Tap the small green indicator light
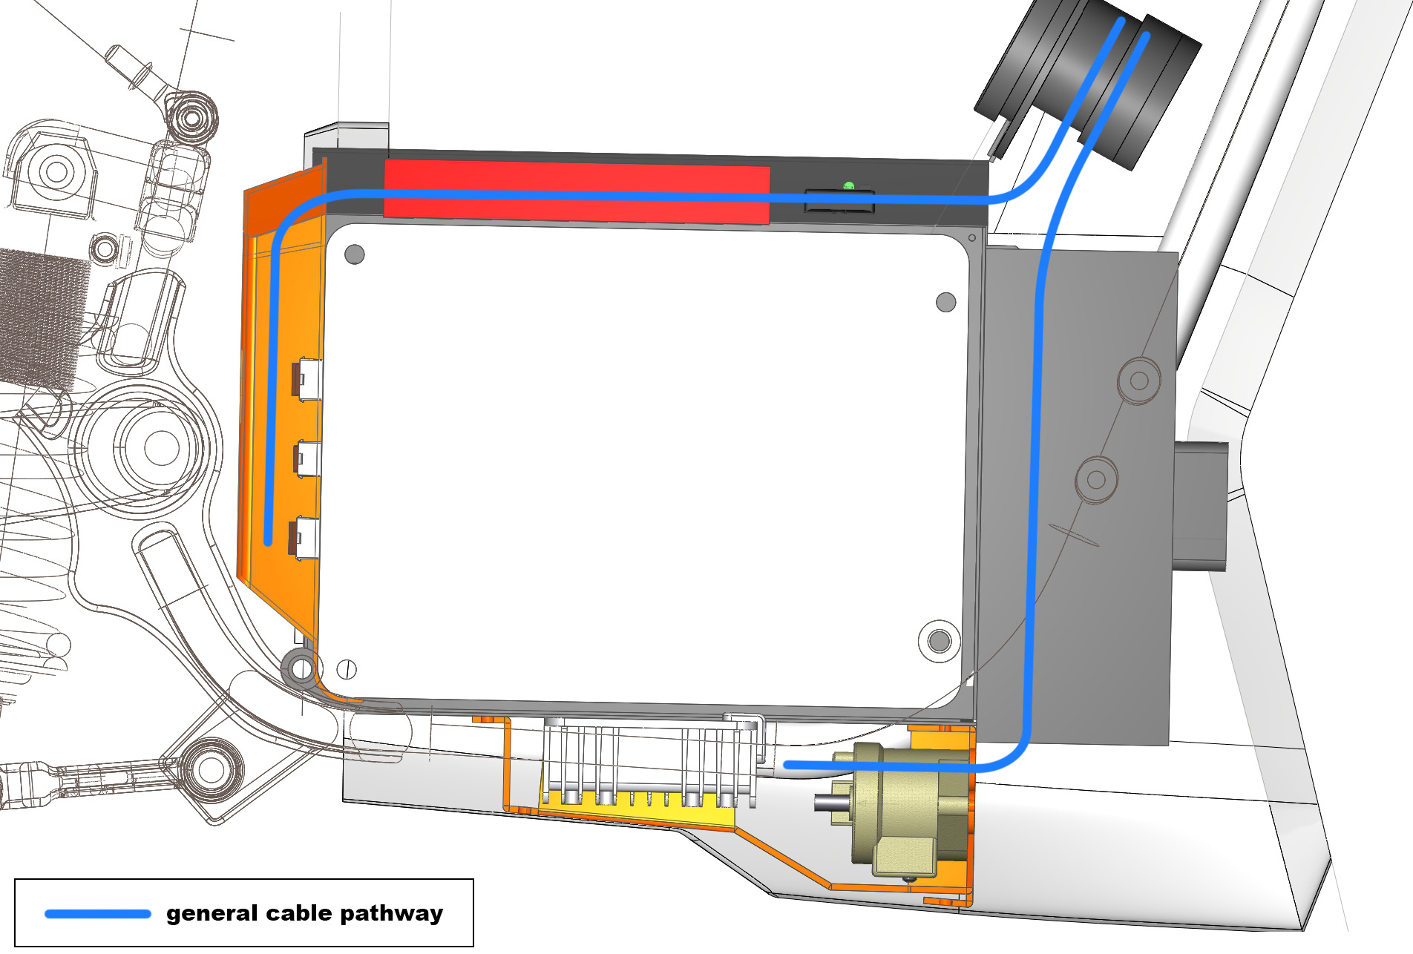tap(849, 185)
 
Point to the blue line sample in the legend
tap(98, 913)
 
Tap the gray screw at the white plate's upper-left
tap(355, 255)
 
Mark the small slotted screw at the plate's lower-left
tap(347, 669)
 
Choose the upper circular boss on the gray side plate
tap(1138, 381)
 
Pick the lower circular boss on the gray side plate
tap(1096, 479)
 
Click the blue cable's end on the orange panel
tap(269, 542)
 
